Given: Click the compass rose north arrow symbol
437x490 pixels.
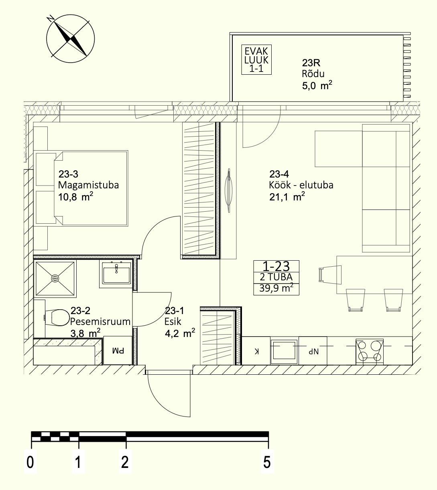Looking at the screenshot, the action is click(70, 39).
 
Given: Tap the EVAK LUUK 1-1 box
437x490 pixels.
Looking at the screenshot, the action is click(256, 59).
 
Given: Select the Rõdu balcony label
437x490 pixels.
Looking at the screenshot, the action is click(313, 74).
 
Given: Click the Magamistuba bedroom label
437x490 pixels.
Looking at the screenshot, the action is click(88, 185).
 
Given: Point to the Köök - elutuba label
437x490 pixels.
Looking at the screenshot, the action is click(301, 185).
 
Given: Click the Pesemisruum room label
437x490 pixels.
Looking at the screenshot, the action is click(100, 322).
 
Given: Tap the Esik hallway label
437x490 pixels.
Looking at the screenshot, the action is click(173, 322).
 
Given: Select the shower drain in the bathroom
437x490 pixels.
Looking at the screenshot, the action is click(55, 279).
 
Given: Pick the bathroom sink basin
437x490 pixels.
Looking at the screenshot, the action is click(116, 273).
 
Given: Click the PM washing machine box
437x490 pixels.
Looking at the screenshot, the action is click(118, 351).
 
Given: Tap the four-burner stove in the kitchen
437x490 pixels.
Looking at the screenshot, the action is click(370, 352).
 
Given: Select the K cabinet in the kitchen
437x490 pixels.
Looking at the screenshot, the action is click(256, 351).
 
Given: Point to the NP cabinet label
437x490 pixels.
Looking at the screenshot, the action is click(313, 352).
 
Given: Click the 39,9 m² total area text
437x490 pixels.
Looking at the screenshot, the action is click(276, 288).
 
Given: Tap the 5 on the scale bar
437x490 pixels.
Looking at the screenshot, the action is click(267, 462).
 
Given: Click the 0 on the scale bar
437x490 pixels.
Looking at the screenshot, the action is click(30, 462).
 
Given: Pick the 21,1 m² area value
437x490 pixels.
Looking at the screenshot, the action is click(287, 197).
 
